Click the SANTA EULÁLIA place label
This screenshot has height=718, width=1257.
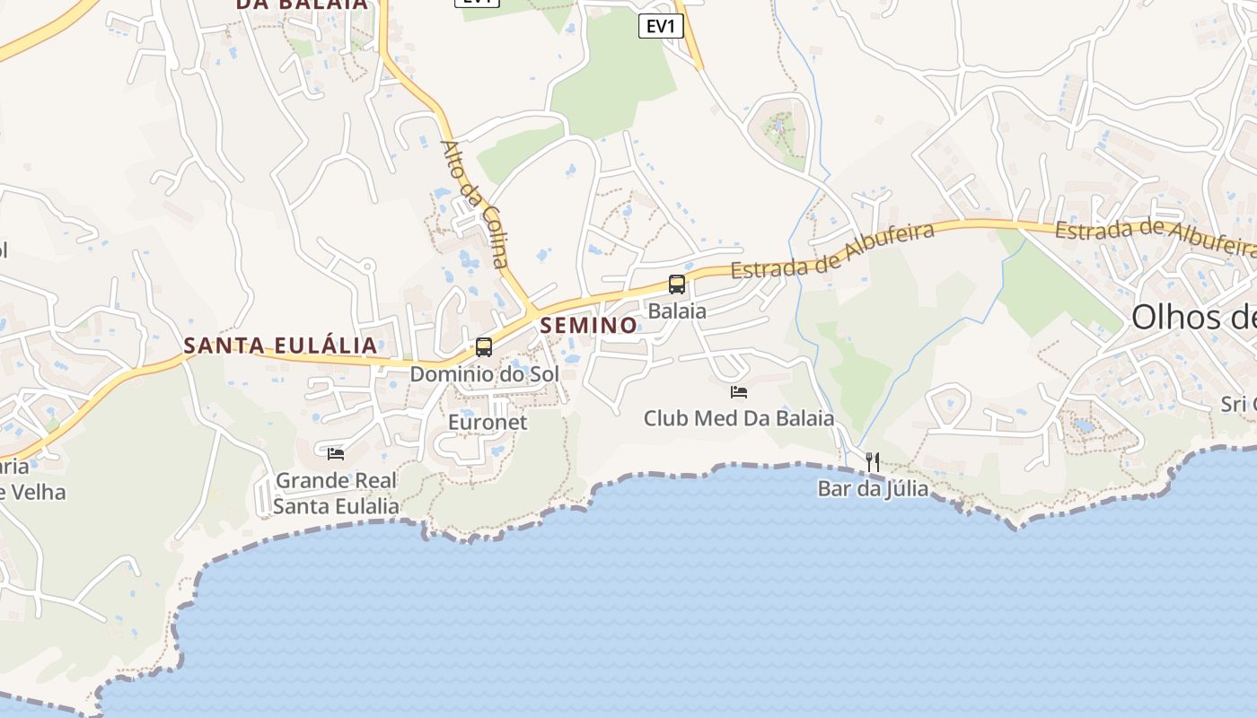[x=280, y=346]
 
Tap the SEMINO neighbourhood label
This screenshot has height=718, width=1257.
[x=589, y=325]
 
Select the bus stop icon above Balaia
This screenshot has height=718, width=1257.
[x=677, y=285]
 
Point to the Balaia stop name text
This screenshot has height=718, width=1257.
[x=677, y=311]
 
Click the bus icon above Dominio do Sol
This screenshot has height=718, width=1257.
[x=484, y=347]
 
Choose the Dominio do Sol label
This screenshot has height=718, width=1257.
[x=484, y=373]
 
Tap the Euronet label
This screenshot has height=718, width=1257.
[x=488, y=422]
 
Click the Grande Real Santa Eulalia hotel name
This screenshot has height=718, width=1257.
[x=336, y=493]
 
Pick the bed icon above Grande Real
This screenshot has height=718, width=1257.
[x=336, y=454]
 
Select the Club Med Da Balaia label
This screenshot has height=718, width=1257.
[x=739, y=418]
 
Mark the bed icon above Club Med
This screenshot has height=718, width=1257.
[x=739, y=392]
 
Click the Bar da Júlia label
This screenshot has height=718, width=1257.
[x=873, y=489]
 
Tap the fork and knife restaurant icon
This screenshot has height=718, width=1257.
[x=873, y=462]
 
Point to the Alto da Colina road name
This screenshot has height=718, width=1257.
[x=475, y=205]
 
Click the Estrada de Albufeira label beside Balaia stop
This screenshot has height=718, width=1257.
[x=832, y=250]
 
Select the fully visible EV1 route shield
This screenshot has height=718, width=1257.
[x=661, y=26]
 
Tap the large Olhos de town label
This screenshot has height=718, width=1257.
[x=1193, y=317]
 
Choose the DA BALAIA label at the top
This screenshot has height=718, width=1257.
[x=302, y=4]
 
